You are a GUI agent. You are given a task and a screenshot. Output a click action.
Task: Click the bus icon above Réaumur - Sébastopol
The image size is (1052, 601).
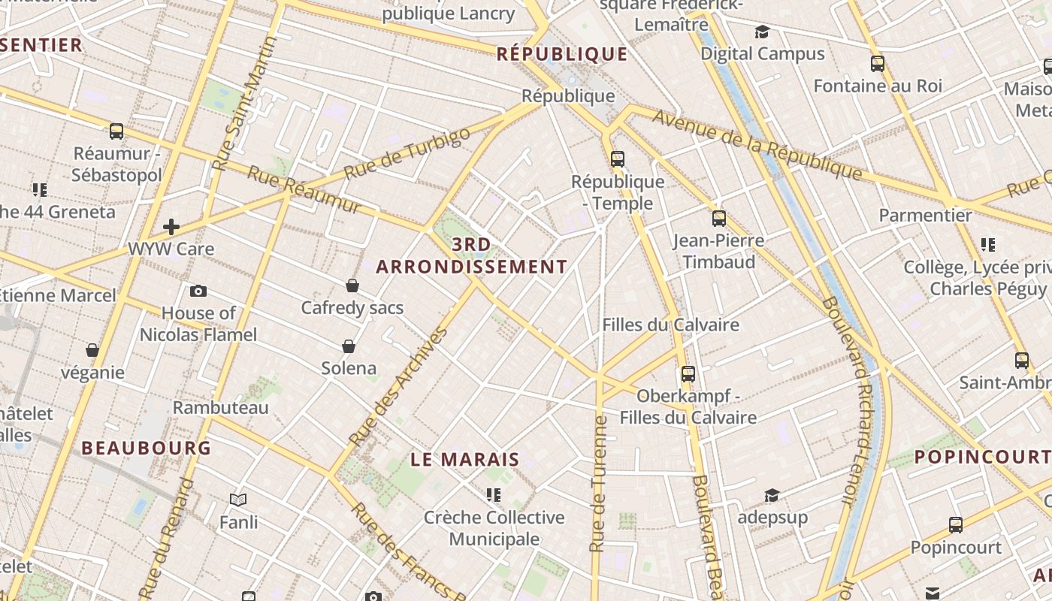pyautogui.click(x=116, y=131)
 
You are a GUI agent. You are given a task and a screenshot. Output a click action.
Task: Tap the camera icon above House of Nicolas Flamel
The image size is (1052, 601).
pyautogui.click(x=198, y=291)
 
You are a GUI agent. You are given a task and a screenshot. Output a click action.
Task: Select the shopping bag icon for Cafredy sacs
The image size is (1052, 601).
pyautogui.click(x=352, y=285)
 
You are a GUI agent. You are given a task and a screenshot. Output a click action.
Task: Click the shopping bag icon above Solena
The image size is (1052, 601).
pyautogui.click(x=349, y=346)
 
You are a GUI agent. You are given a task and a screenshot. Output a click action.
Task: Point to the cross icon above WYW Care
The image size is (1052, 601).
pyautogui.click(x=171, y=226)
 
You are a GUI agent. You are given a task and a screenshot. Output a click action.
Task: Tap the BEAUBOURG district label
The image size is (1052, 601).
pyautogui.click(x=146, y=448)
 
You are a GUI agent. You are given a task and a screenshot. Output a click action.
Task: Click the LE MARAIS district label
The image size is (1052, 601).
pyautogui.click(x=465, y=460)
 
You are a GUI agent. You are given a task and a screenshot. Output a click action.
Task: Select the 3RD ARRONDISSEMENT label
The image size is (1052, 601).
pyautogui.click(x=472, y=255)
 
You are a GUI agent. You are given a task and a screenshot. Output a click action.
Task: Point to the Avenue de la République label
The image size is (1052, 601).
pyautogui.click(x=757, y=144)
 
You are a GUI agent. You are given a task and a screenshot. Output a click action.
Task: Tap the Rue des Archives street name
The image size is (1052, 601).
pyautogui.click(x=398, y=385)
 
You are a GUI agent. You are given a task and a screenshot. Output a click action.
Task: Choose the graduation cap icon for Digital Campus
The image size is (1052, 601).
pyautogui.click(x=763, y=32)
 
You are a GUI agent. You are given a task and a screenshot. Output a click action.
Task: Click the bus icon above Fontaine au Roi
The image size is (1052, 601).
pyautogui.click(x=877, y=63)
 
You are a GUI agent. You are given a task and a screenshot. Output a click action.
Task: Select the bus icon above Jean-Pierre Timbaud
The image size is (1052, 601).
pyautogui.click(x=719, y=219)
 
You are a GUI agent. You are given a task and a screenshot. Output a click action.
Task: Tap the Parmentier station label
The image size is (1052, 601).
pyautogui.click(x=925, y=216)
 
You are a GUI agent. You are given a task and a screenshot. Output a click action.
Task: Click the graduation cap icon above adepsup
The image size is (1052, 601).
pyautogui.click(x=772, y=495)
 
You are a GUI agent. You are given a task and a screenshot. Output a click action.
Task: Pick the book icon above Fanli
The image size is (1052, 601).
pyautogui.click(x=238, y=500)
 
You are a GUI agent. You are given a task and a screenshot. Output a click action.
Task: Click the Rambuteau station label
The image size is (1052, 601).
pyautogui.click(x=220, y=408)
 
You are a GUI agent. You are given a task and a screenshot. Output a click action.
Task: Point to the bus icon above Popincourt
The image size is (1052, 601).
pyautogui.click(x=956, y=524)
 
